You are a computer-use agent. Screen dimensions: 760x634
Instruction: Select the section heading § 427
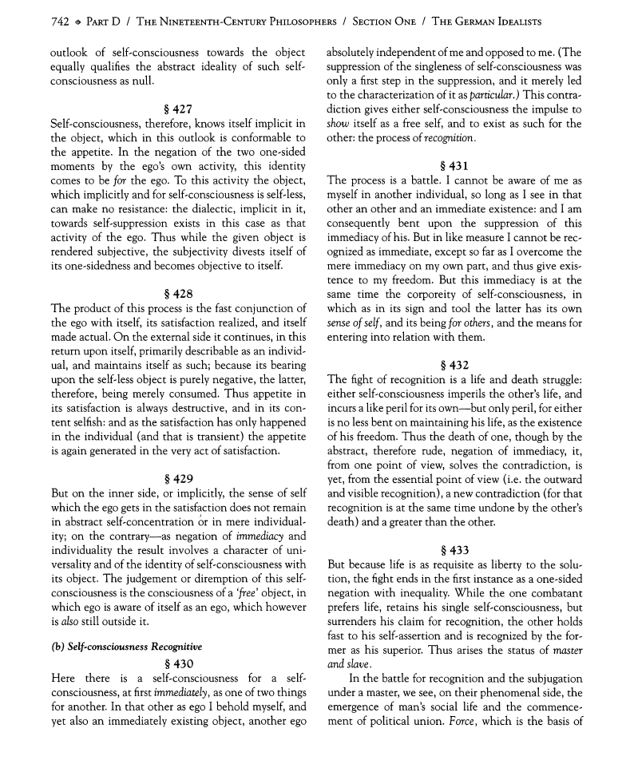pos(176,109)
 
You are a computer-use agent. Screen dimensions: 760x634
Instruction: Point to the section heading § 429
pos(176,479)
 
